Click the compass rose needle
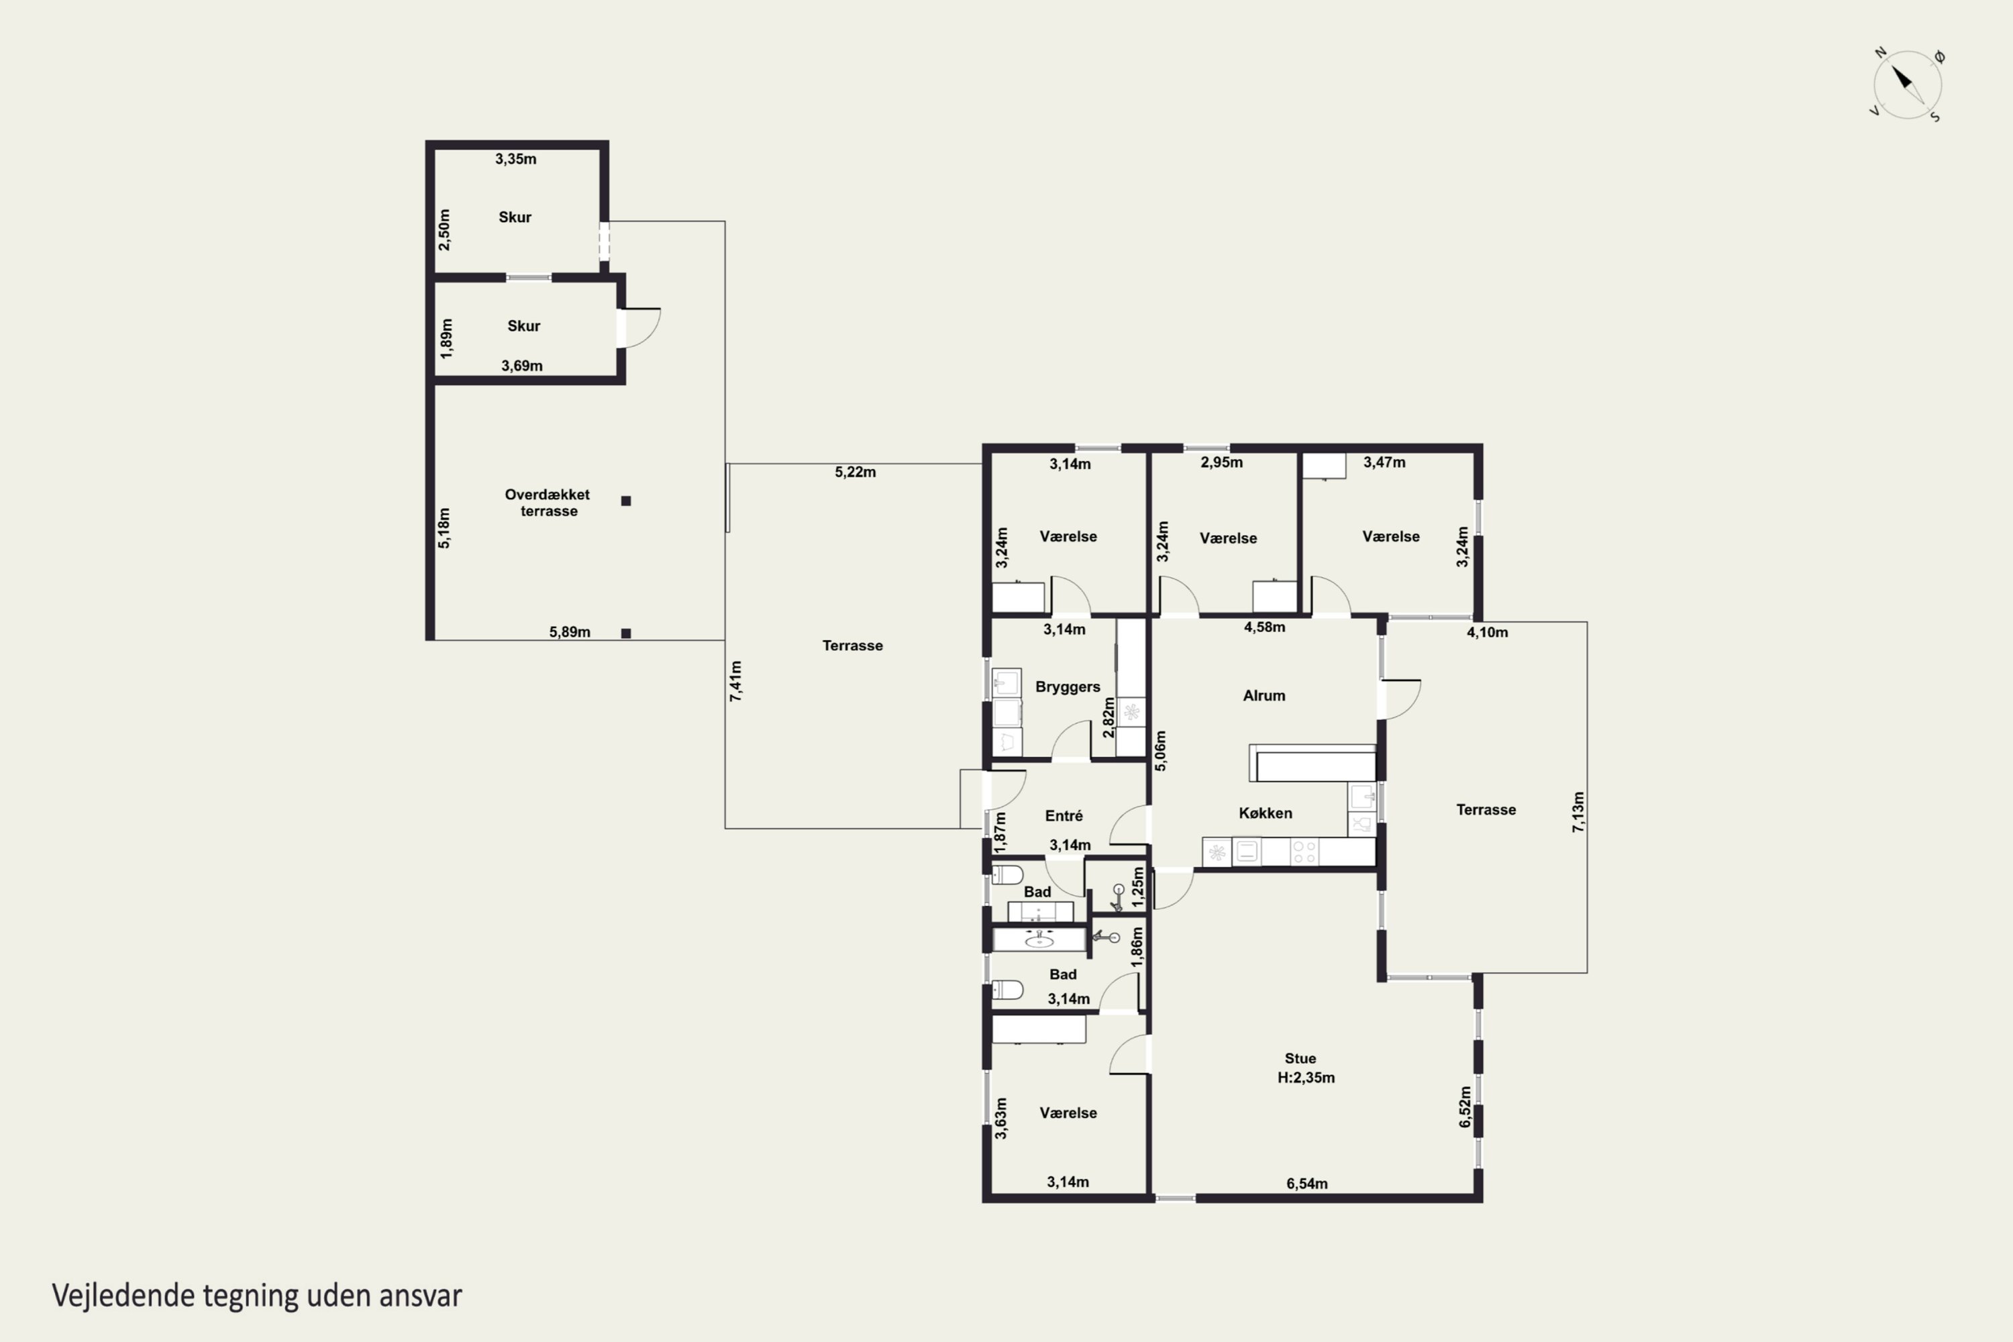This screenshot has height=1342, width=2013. (x=1908, y=84)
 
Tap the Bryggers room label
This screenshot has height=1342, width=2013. (x=1068, y=687)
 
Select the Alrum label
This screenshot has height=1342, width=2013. (x=1264, y=696)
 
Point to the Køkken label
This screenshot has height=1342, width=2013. (x=1265, y=813)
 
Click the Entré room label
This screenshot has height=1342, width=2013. (x=1064, y=816)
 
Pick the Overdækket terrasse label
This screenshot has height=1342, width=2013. (x=548, y=503)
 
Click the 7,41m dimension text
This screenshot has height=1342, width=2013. (x=736, y=681)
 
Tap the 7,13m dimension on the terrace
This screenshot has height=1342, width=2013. (x=1578, y=811)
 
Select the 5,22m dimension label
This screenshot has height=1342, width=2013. (x=855, y=472)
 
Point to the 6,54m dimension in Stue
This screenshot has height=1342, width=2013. (x=1307, y=1184)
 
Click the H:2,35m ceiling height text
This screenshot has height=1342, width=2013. (x=1306, y=1078)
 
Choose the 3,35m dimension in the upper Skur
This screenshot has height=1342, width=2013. (x=516, y=158)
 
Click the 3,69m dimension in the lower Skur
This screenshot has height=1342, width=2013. (x=522, y=366)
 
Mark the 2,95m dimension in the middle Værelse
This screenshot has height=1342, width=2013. (x=1221, y=462)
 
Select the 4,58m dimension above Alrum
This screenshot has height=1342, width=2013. (x=1264, y=627)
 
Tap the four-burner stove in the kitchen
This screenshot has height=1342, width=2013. (x=1304, y=851)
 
